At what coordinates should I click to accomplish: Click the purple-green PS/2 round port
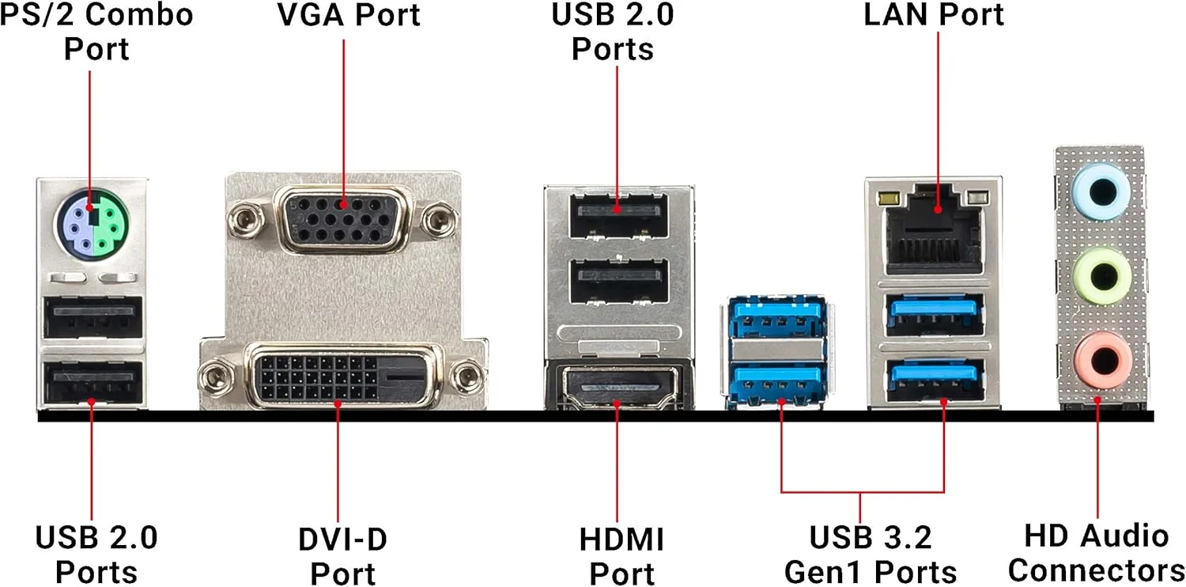pos(92,224)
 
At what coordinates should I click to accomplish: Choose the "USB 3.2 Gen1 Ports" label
pos(870,554)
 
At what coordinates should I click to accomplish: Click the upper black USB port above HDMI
pos(619,213)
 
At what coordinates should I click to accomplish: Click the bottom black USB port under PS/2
pos(93,383)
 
